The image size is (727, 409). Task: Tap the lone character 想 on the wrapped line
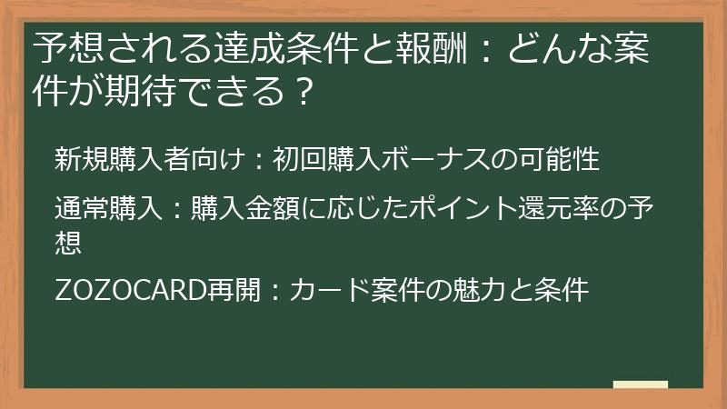68,240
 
